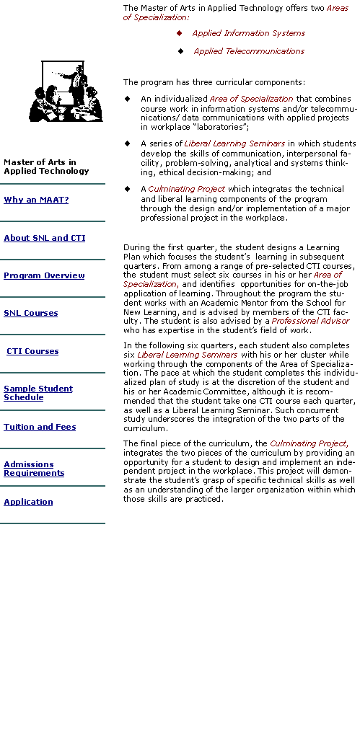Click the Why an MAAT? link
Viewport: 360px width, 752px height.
pyautogui.click(x=36, y=200)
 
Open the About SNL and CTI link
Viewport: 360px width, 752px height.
pyautogui.click(x=45, y=238)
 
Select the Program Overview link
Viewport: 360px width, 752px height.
pyautogui.click(x=44, y=275)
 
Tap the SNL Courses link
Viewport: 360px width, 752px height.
pyautogui.click(x=31, y=313)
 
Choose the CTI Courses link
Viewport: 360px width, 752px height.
pyautogui.click(x=32, y=351)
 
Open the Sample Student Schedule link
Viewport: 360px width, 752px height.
pyautogui.click(x=38, y=393)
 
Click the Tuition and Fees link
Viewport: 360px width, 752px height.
pyautogui.click(x=40, y=427)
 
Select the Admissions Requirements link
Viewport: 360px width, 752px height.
pyautogui.click(x=34, y=469)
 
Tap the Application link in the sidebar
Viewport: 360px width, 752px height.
pyautogui.click(x=28, y=502)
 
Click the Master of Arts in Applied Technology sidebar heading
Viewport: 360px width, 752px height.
pyautogui.click(x=46, y=167)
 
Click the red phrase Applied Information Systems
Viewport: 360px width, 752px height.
pyautogui.click(x=249, y=33)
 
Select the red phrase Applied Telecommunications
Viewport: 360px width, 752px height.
pyautogui.click(x=249, y=51)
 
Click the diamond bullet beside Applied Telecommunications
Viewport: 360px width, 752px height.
pyautogui.click(x=180, y=51)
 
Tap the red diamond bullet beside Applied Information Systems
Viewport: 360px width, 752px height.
pyautogui.click(x=180, y=32)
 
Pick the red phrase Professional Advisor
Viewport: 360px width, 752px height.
pyautogui.click(x=310, y=321)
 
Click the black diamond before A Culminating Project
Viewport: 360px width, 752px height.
pyautogui.click(x=127, y=188)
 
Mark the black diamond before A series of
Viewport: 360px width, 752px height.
pyautogui.click(x=127, y=143)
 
